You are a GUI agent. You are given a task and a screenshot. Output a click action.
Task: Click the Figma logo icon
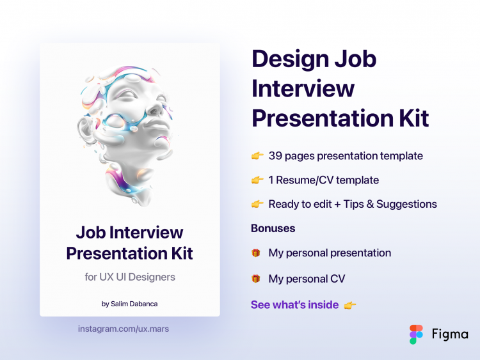pos(417,334)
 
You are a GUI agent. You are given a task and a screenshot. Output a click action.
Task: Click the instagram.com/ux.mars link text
pos(124,329)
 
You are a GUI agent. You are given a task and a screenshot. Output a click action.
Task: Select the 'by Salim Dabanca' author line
pos(130,304)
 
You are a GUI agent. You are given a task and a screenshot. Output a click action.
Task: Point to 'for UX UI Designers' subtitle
pos(130,277)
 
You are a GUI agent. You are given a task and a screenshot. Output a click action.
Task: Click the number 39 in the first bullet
pos(276,156)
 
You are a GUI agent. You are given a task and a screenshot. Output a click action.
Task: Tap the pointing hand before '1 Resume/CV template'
pos(257,180)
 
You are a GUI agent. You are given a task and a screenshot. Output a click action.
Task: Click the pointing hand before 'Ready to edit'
pos(257,205)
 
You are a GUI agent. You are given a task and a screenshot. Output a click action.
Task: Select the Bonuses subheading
pos(273,228)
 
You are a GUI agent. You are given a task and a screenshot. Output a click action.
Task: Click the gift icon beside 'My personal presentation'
pos(256,253)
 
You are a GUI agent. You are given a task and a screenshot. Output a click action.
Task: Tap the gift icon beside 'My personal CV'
pos(256,279)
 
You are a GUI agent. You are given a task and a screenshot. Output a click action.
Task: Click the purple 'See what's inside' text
pos(294,305)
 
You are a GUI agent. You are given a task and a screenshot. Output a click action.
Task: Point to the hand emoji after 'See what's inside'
pos(350,305)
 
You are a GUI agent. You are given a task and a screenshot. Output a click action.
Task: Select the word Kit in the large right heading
pos(408,118)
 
